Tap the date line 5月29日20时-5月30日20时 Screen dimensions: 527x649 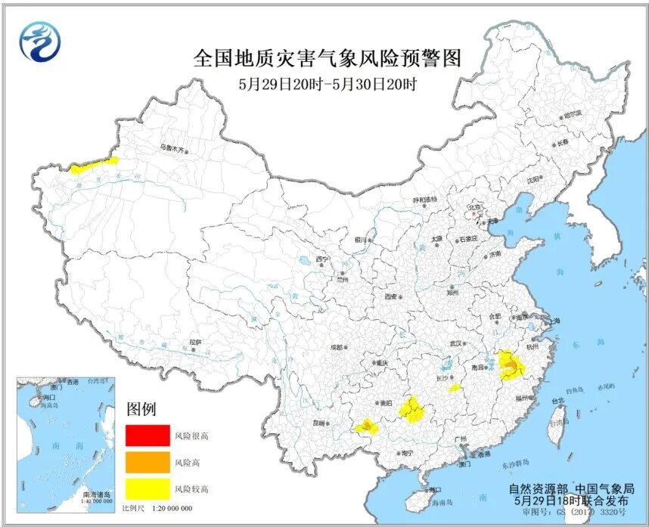tap(327, 85)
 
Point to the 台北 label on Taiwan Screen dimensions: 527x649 tap(557, 400)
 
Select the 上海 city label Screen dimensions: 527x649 tap(554, 321)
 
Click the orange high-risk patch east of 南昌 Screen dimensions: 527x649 tap(512, 368)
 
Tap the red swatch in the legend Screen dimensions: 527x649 tap(147, 436)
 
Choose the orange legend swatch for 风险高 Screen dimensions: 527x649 tap(147, 461)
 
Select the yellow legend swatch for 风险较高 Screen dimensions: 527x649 tap(147, 488)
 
